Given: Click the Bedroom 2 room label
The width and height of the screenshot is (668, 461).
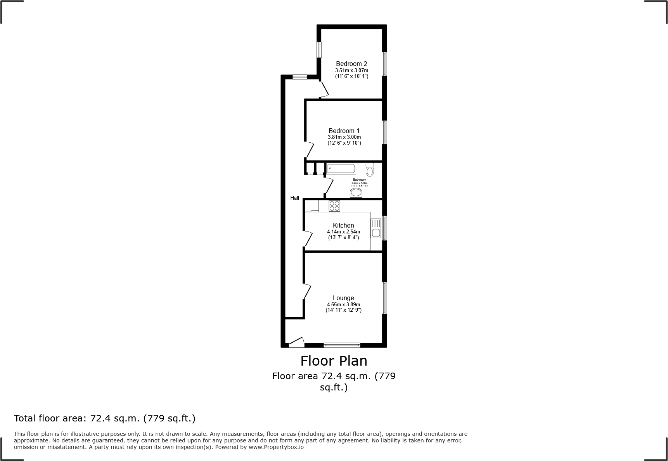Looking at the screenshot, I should (x=351, y=64).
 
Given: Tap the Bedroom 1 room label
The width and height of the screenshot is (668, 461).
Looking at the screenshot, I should (x=344, y=131).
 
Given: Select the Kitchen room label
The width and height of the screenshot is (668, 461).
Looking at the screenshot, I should (x=343, y=225).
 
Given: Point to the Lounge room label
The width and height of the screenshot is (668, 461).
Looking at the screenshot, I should (x=343, y=298).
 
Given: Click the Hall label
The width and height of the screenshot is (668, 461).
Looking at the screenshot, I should (x=295, y=198).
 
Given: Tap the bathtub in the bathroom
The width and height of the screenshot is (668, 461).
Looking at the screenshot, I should (x=341, y=169).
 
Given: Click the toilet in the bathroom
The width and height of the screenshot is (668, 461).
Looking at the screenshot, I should (x=370, y=170).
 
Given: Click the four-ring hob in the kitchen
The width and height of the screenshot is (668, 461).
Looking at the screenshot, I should (x=334, y=206).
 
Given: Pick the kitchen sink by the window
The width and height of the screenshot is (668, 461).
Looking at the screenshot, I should (x=376, y=228).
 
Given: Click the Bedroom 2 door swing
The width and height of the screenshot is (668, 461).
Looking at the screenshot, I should (x=324, y=90).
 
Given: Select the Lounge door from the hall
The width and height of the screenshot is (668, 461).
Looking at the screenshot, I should (x=307, y=291).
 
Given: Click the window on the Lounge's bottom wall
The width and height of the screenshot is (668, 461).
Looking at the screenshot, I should (x=342, y=345).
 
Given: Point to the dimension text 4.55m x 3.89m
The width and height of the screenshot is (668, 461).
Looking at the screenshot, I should (x=343, y=304).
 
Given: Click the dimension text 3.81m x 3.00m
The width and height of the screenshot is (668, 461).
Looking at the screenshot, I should (x=344, y=137).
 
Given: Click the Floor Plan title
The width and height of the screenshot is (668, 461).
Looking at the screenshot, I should (x=334, y=361).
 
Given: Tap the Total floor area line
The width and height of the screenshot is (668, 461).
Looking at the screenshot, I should (x=105, y=418).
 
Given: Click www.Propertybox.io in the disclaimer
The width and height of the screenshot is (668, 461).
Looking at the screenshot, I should (x=276, y=447).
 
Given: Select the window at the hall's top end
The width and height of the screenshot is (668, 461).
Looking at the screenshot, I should (x=300, y=77).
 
